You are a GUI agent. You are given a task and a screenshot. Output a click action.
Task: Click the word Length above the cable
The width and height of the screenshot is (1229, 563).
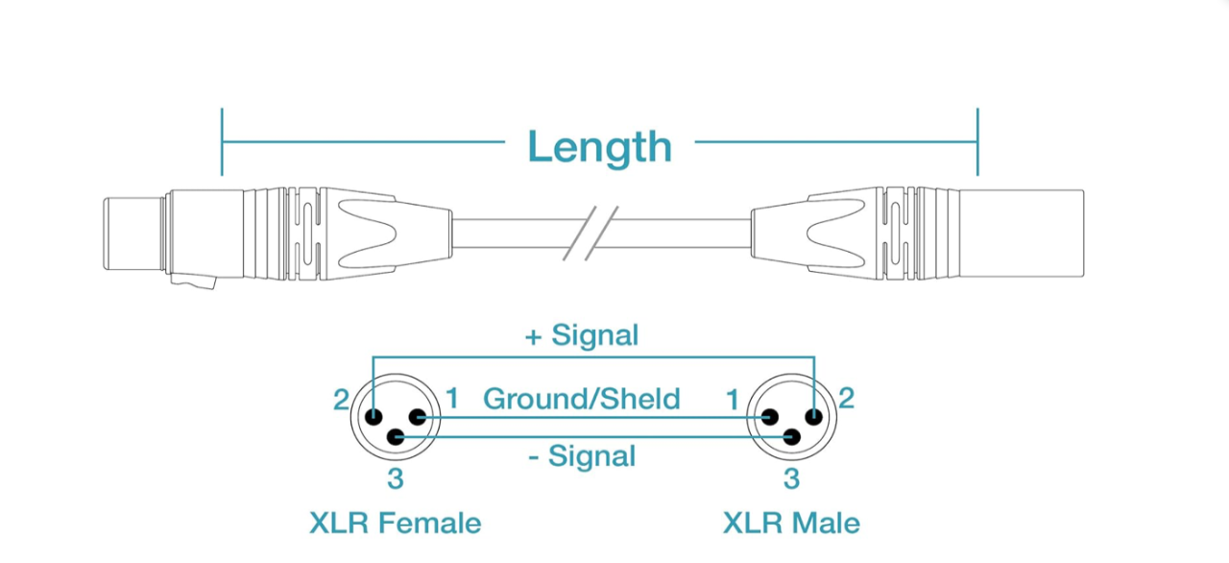click(599, 146)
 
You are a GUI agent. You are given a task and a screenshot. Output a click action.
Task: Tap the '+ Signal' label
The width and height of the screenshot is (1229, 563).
click(582, 335)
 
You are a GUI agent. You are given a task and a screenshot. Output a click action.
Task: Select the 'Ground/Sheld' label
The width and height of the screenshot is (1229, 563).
click(582, 398)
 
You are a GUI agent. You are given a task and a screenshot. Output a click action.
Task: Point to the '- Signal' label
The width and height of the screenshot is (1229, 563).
click(582, 456)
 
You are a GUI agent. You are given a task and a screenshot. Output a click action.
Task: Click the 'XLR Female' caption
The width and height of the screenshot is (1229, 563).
click(395, 523)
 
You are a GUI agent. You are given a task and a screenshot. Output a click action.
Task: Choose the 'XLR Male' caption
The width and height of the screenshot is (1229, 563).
click(791, 523)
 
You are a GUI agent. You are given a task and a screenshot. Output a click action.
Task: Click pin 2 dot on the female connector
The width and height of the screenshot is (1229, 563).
click(373, 417)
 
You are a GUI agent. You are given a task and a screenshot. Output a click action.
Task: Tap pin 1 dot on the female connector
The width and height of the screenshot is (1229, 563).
click(418, 417)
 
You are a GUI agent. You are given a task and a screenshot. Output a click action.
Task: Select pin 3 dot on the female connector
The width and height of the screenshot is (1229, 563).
click(395, 438)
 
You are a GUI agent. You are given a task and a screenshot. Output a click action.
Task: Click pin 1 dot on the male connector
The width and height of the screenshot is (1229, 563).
click(769, 417)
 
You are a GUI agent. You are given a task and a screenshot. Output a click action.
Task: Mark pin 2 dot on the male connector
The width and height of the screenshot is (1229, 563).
click(814, 417)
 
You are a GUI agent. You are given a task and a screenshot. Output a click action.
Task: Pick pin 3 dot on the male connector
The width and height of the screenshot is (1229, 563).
click(791, 438)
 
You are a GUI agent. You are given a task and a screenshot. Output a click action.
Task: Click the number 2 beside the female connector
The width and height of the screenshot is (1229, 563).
click(341, 399)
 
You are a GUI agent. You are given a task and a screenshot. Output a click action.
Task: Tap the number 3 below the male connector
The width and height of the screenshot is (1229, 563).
click(791, 477)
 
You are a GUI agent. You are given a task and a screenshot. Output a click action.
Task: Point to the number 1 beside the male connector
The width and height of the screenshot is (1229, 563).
click(733, 399)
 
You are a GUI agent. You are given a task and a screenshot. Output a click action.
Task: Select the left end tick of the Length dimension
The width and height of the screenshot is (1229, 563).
click(222, 142)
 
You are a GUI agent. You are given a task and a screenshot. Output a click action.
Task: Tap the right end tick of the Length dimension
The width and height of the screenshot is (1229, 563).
click(977, 142)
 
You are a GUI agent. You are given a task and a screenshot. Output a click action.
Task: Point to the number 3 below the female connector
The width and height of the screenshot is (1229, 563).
click(395, 477)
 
